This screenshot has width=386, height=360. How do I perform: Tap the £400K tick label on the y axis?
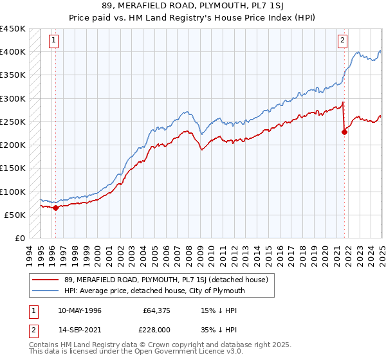12,52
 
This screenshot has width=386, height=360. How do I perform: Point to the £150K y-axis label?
12,168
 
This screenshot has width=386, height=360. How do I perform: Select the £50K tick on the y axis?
15,215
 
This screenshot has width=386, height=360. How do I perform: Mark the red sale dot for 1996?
55,208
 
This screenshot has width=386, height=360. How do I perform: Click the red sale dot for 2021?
345,132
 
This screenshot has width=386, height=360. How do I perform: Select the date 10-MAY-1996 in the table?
78,310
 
